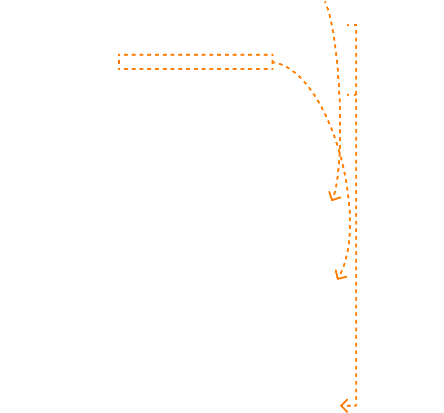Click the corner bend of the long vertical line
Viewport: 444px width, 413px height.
pos(356,406)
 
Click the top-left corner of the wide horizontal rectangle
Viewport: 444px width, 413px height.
pos(119,55)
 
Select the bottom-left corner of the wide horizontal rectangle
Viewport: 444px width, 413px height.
pos(119,69)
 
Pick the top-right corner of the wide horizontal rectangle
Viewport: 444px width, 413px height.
pos(272,55)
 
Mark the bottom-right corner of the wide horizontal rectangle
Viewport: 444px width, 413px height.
pos(272,69)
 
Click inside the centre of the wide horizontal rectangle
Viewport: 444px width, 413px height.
pos(196,62)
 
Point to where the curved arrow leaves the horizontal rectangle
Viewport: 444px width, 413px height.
pos(273,62)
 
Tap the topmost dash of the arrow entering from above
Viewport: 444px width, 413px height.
pos(326,3)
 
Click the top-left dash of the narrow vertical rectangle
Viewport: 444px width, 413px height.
pos(349,25)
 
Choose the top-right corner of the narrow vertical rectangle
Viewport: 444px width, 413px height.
pos(356,25)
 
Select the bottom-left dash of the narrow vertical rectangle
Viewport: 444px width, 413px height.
pos(349,94)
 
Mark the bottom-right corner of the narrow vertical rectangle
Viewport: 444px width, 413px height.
pos(356,94)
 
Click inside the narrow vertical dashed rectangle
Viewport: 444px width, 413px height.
pos(352,60)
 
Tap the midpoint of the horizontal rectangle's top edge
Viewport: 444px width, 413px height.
pos(196,55)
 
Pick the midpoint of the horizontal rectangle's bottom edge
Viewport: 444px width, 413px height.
pos(196,69)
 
